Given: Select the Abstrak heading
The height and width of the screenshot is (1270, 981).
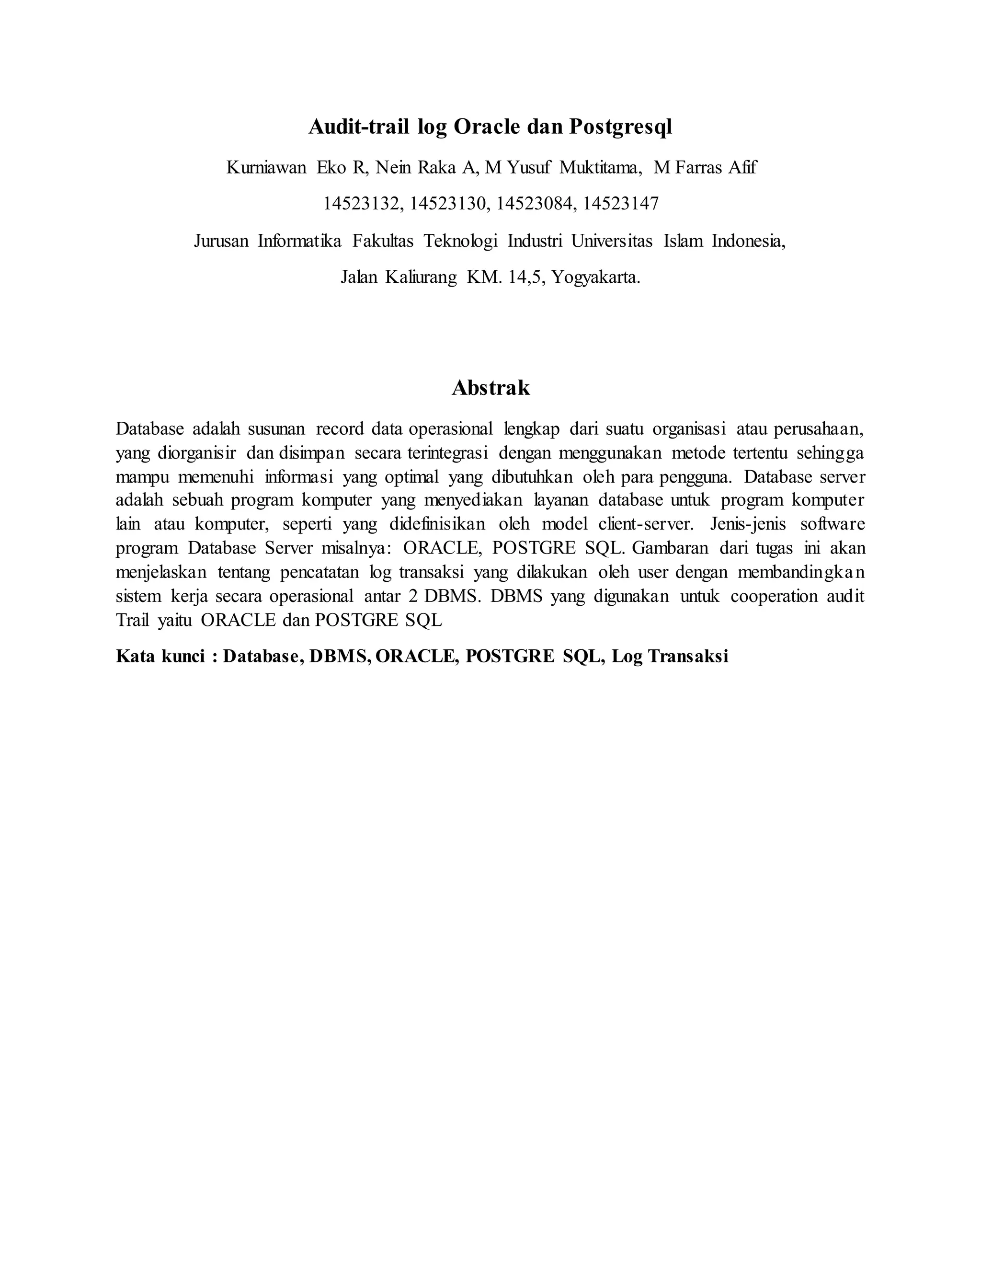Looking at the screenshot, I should pos(490,388).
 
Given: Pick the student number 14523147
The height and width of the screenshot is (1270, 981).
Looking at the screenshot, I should pos(621,204).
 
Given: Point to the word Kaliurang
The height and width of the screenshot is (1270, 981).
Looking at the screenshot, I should pos(421,277).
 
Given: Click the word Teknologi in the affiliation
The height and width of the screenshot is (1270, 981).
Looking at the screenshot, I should pos(460,240).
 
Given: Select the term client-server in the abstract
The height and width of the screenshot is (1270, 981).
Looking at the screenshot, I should pos(646,524).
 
